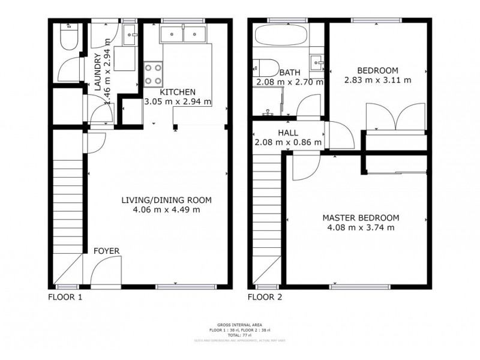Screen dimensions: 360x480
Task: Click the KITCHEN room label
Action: (x=178, y=92)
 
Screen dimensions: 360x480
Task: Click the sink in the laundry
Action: (x=130, y=35)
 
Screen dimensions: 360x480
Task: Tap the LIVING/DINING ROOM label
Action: (x=166, y=200)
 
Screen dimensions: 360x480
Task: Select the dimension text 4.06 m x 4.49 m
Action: (x=166, y=209)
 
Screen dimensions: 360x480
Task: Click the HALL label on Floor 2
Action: (x=288, y=133)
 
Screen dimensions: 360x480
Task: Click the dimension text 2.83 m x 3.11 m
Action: (x=377, y=79)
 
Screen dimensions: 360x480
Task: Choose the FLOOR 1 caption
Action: (x=65, y=297)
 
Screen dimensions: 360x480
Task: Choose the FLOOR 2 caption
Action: (x=265, y=297)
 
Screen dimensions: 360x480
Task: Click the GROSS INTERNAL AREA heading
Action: (x=239, y=325)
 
